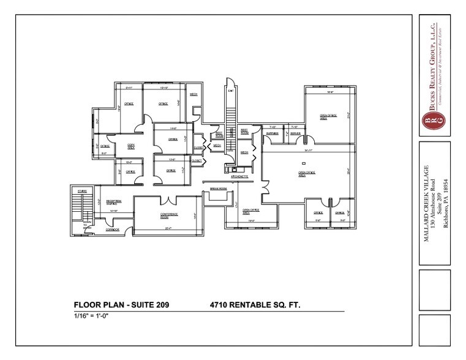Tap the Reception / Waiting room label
113,202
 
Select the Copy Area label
131,146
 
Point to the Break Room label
219,189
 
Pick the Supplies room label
272,133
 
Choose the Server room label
295,133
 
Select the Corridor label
111,230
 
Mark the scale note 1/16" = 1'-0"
89,315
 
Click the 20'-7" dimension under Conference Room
168,228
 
